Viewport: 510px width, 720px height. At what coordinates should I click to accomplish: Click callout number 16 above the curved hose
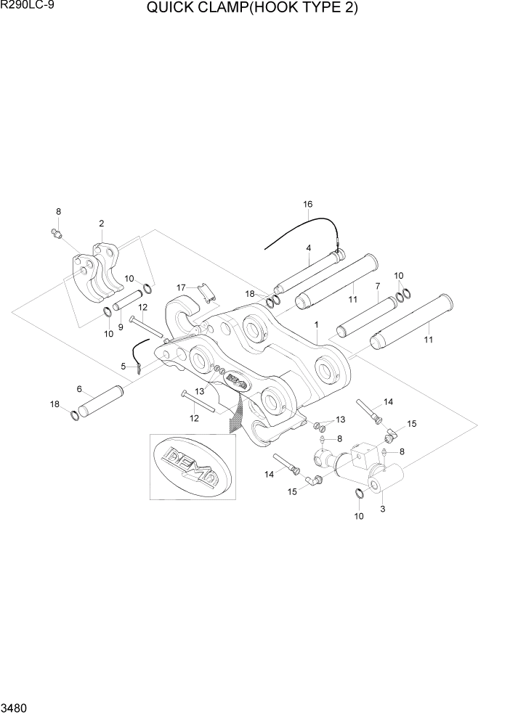(307, 205)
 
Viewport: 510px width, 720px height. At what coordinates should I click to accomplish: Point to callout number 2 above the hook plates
(101, 224)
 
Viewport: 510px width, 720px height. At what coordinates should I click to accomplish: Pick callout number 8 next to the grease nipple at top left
(58, 211)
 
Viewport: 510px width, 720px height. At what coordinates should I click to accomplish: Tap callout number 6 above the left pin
(80, 389)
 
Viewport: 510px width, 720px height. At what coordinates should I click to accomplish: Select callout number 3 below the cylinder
(382, 509)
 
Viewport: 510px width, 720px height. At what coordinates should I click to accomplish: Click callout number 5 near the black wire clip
(124, 366)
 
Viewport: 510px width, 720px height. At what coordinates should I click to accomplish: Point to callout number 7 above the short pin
(377, 286)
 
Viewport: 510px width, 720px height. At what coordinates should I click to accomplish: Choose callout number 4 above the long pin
(308, 247)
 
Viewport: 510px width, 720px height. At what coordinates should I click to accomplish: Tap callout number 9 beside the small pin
(121, 307)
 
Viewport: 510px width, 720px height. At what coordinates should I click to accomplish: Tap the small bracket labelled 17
(207, 295)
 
